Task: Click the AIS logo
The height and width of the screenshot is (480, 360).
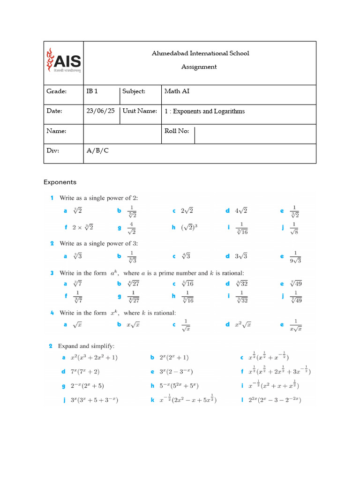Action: (63, 60)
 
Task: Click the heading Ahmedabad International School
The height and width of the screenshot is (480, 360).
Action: (200, 53)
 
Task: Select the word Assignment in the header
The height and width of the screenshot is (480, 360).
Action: (199, 67)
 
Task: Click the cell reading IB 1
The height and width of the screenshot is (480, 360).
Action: (92, 91)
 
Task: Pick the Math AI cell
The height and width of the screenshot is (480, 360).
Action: (177, 91)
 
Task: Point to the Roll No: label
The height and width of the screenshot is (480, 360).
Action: (177, 131)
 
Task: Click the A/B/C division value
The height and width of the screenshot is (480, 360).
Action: (97, 151)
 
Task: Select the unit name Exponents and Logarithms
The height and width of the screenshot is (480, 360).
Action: (204, 112)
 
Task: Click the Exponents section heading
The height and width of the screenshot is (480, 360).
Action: (60, 182)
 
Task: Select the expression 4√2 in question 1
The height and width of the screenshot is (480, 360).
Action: (240, 211)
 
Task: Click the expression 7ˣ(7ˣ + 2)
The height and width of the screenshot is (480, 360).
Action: (84, 372)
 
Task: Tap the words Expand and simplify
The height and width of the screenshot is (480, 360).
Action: (86, 346)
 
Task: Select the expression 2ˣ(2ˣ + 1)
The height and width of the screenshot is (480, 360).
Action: (173, 358)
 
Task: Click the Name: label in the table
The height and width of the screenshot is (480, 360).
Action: (56, 131)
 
